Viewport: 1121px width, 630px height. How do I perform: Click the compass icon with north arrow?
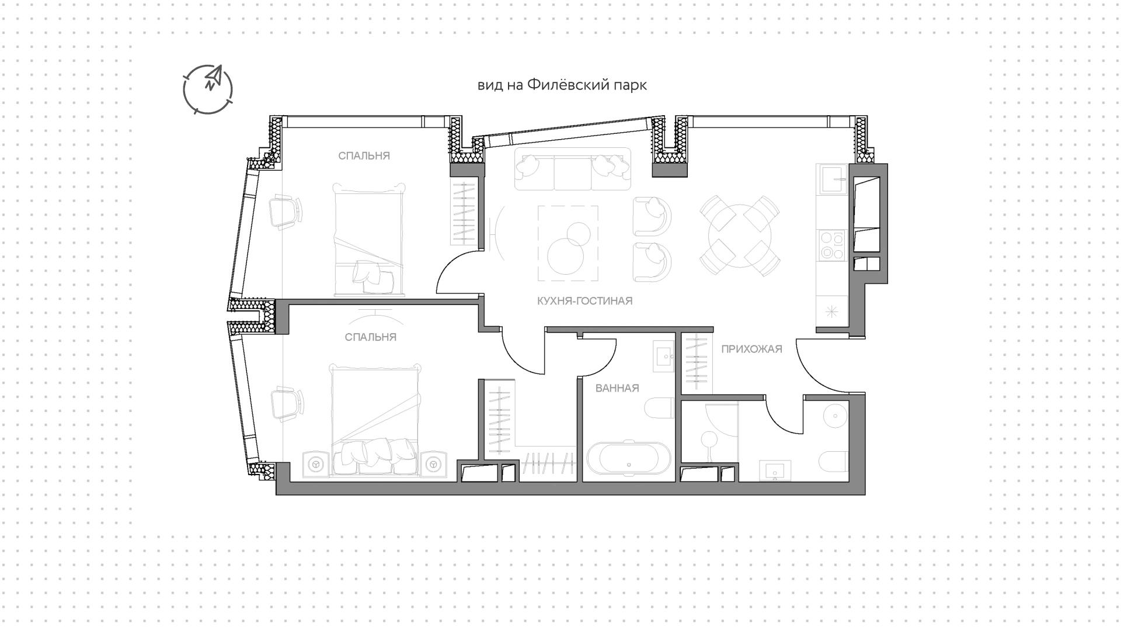pos(208,89)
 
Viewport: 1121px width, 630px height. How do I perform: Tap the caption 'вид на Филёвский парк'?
pos(562,85)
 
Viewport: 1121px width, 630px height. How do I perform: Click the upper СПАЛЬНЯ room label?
pos(364,156)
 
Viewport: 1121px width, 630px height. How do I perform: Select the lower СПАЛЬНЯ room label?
pos(371,337)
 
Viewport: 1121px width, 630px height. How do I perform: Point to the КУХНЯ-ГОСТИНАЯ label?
pos(585,301)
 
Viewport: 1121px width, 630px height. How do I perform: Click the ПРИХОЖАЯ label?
pos(751,349)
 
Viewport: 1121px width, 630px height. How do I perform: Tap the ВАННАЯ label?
pos(617,388)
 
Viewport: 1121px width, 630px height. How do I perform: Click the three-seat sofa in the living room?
pos(573,168)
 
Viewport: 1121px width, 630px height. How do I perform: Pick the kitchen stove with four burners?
pos(831,245)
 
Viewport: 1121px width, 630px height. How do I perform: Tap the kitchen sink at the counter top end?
pos(832,179)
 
